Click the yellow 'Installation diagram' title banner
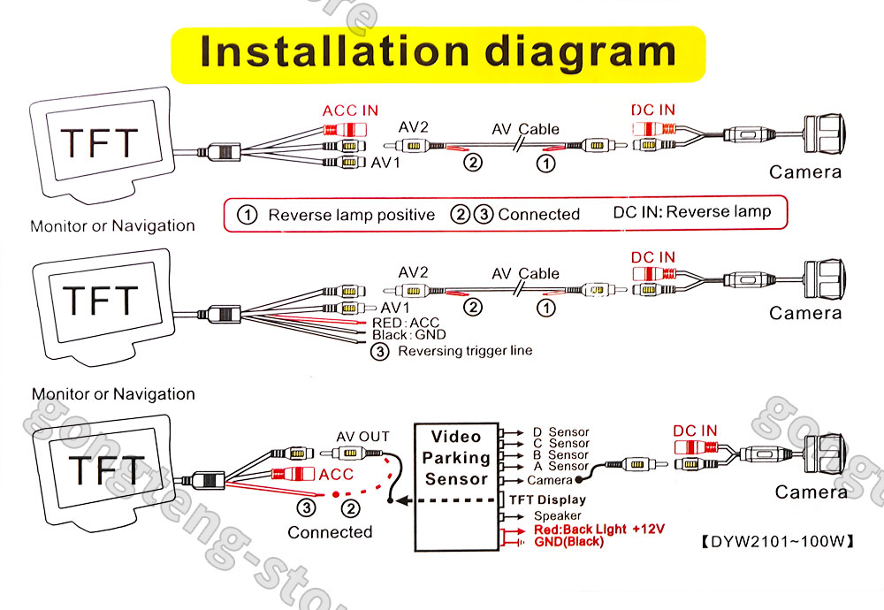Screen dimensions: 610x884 coord(438,52)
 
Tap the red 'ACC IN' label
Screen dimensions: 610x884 coord(350,111)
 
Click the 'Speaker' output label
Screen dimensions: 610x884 coord(557,515)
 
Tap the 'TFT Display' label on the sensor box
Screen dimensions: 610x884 coord(547,499)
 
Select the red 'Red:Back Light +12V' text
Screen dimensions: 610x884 coord(598,529)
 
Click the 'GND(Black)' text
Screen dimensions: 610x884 coord(568,541)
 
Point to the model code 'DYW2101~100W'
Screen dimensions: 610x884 coord(779,541)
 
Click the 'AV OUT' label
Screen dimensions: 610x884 coord(362,437)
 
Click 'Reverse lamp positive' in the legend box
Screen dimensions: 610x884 coord(351,215)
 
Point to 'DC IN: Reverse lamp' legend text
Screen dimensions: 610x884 coord(691,212)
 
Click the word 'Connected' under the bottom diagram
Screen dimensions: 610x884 coord(330,532)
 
